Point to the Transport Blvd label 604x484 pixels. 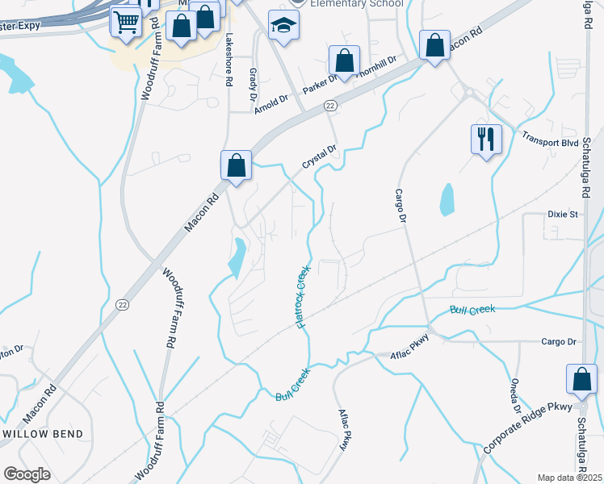tap(551, 139)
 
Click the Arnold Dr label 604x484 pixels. tap(271, 105)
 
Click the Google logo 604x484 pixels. tap(27, 474)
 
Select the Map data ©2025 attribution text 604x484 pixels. tap(569, 478)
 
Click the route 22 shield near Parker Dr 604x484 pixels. tap(330, 106)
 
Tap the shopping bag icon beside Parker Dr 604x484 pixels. tap(344, 60)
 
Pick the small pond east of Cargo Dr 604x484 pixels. tap(447, 199)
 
